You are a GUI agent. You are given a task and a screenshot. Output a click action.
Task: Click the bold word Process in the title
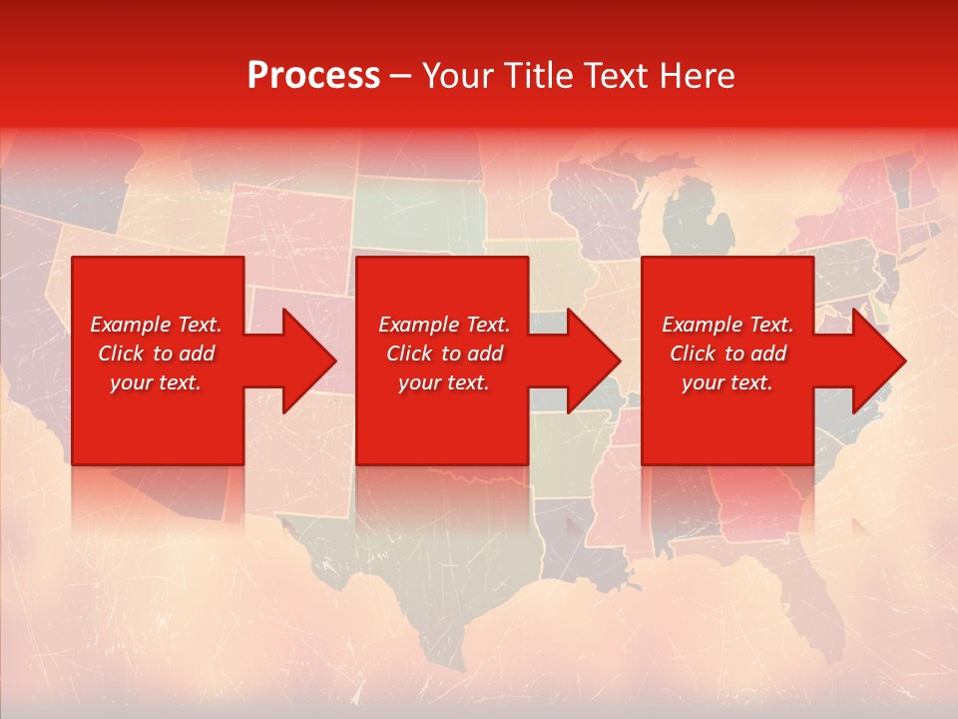[313, 76]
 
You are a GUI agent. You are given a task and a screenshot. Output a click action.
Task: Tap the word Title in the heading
[543, 76]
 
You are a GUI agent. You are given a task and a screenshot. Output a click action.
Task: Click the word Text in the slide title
[616, 76]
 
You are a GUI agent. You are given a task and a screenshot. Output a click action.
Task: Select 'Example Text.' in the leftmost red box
[156, 325]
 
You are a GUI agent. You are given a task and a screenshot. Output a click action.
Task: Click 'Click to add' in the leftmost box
[156, 354]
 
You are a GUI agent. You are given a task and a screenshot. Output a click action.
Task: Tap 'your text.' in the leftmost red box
[156, 382]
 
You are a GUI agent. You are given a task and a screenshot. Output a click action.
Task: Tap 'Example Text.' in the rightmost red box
[727, 325]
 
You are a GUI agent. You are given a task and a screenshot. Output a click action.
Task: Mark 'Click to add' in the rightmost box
[727, 354]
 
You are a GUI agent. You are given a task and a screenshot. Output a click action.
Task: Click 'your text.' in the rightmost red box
[727, 382]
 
